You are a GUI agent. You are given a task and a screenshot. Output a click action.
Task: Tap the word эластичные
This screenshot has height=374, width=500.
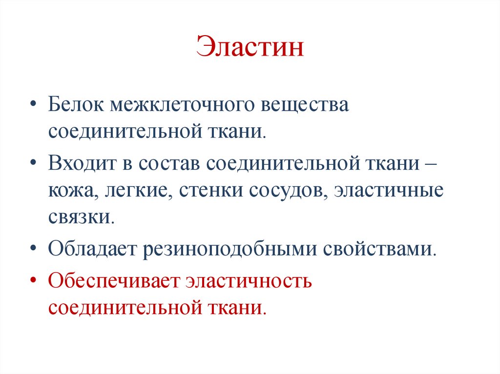(389, 191)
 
